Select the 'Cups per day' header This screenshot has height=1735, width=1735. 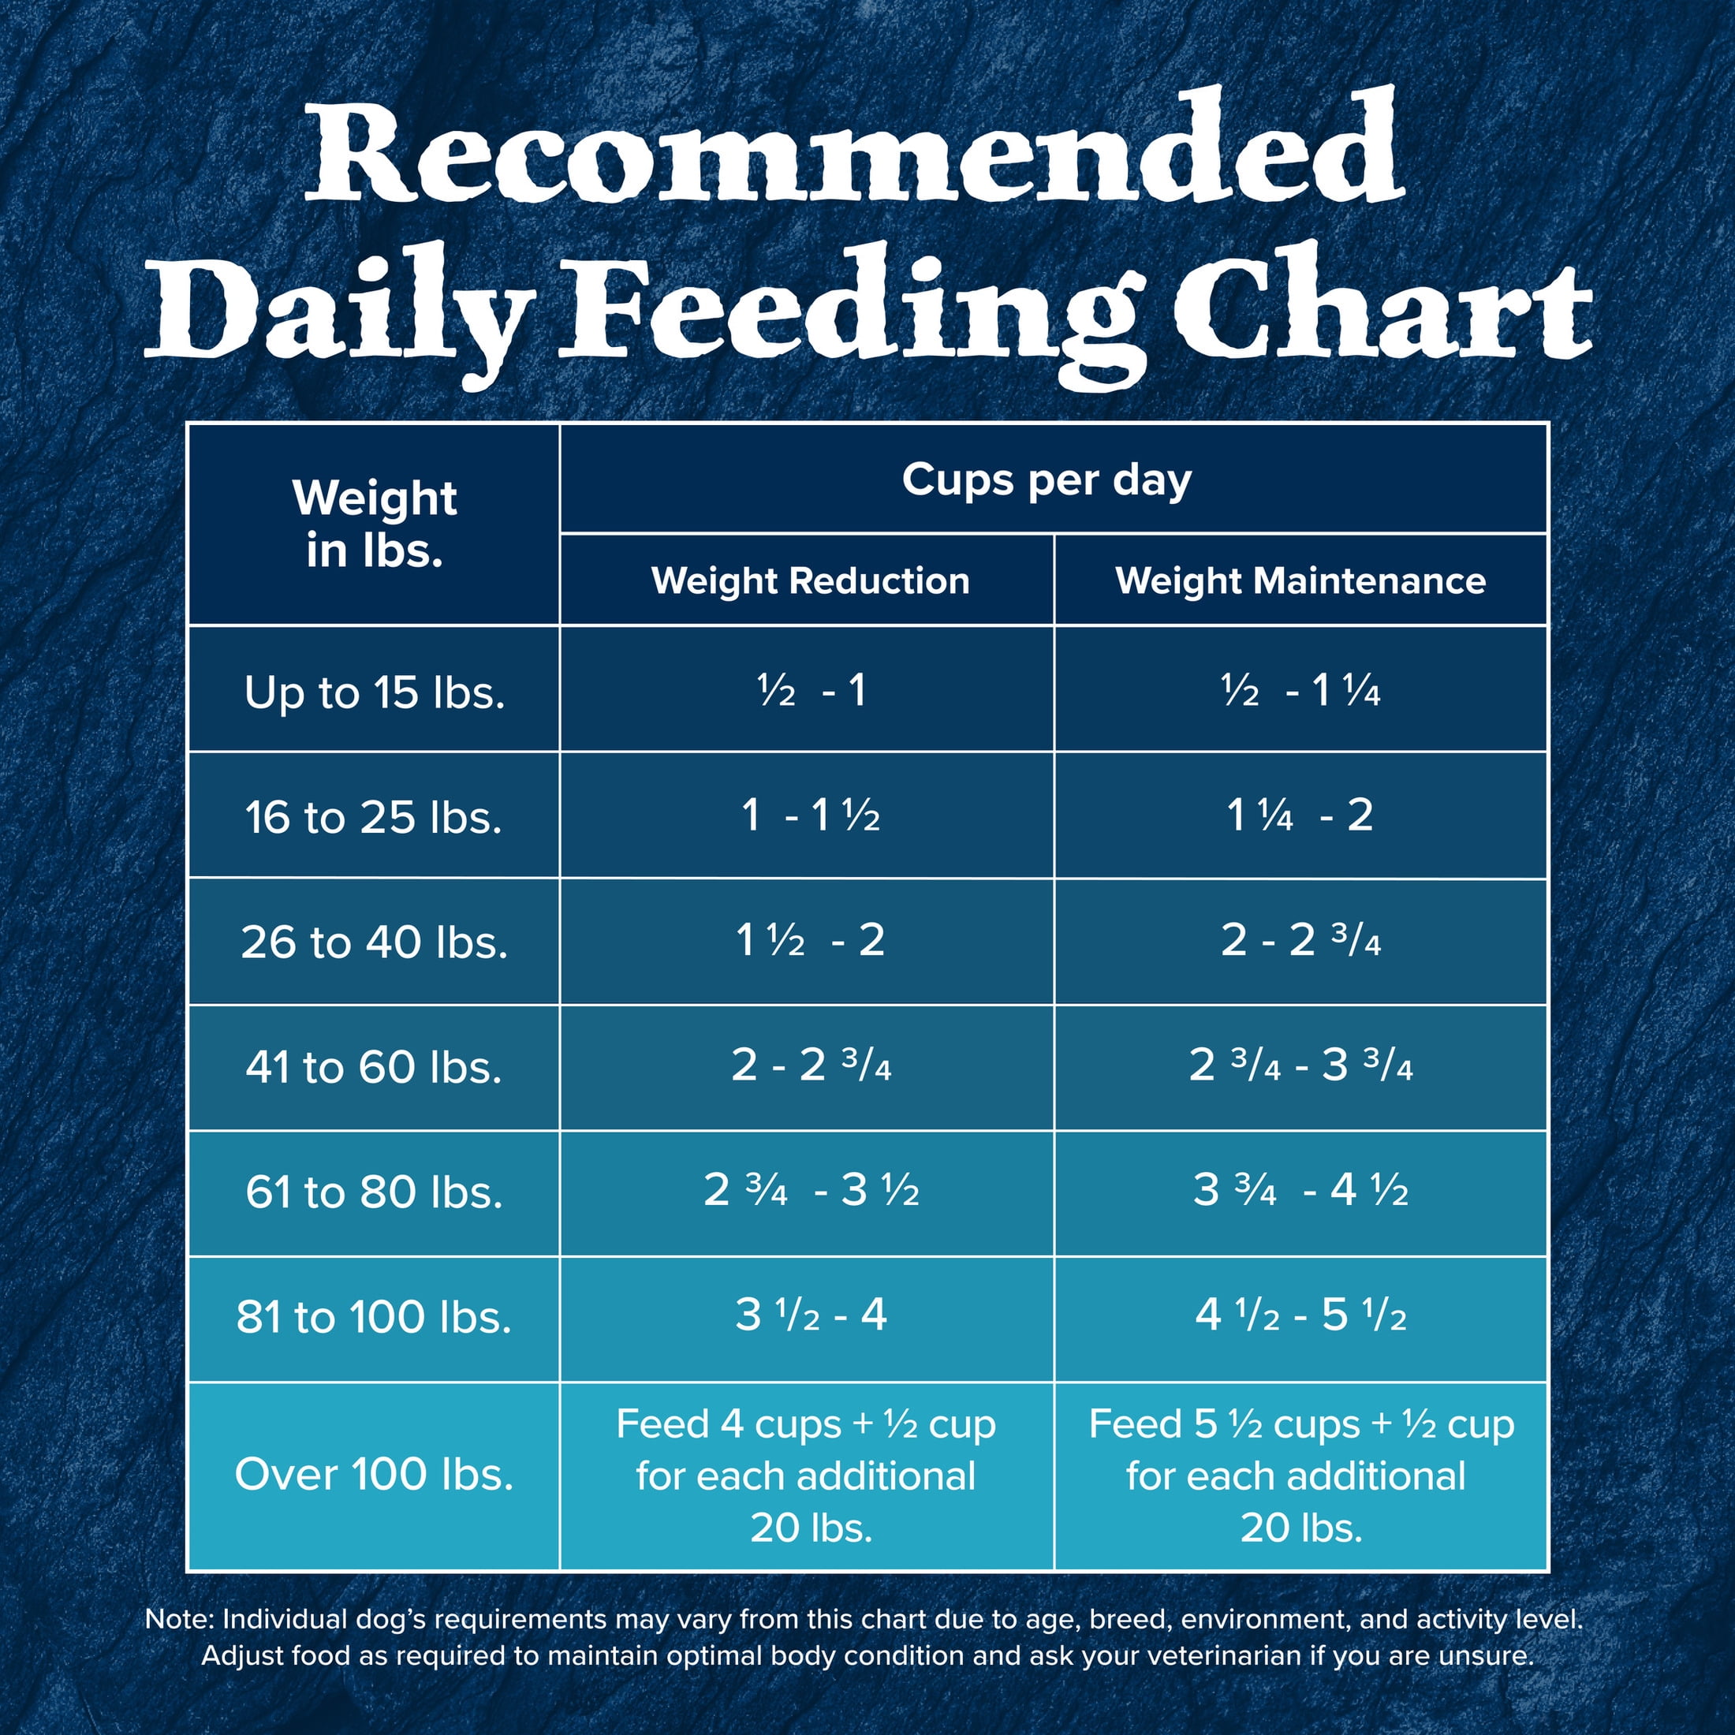[1047, 480]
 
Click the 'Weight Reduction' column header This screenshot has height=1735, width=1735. [810, 581]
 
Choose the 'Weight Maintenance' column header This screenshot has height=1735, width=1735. [1300, 581]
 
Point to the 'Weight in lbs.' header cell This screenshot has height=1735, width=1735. [374, 524]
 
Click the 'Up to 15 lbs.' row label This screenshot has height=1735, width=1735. [374, 692]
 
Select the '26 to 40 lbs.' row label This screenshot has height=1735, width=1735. [374, 942]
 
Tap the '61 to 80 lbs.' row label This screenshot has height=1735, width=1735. [374, 1192]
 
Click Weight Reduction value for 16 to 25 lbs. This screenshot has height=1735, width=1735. [810, 815]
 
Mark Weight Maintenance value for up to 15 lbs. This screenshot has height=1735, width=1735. [1300, 691]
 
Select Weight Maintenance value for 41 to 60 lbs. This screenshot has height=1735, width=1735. [1300, 1066]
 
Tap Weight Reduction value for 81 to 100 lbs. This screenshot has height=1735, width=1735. [810, 1315]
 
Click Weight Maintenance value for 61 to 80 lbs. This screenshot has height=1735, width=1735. [1300, 1191]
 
